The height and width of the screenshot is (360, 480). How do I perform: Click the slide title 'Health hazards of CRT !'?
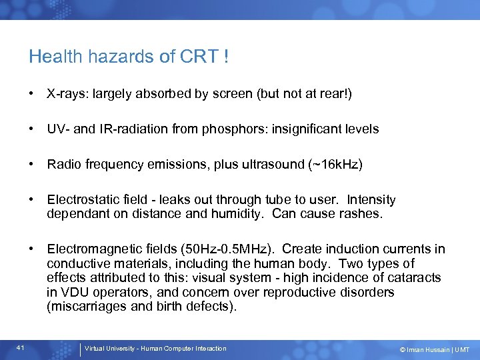129,57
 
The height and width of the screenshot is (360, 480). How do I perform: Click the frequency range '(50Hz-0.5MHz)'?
236,249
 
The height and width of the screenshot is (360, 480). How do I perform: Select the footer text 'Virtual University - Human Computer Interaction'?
155,349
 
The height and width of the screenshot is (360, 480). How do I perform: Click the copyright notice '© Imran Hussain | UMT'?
434,350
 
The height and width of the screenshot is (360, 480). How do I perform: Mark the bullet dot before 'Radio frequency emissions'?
32,165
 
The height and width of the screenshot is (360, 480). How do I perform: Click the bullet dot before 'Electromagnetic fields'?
32,249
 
